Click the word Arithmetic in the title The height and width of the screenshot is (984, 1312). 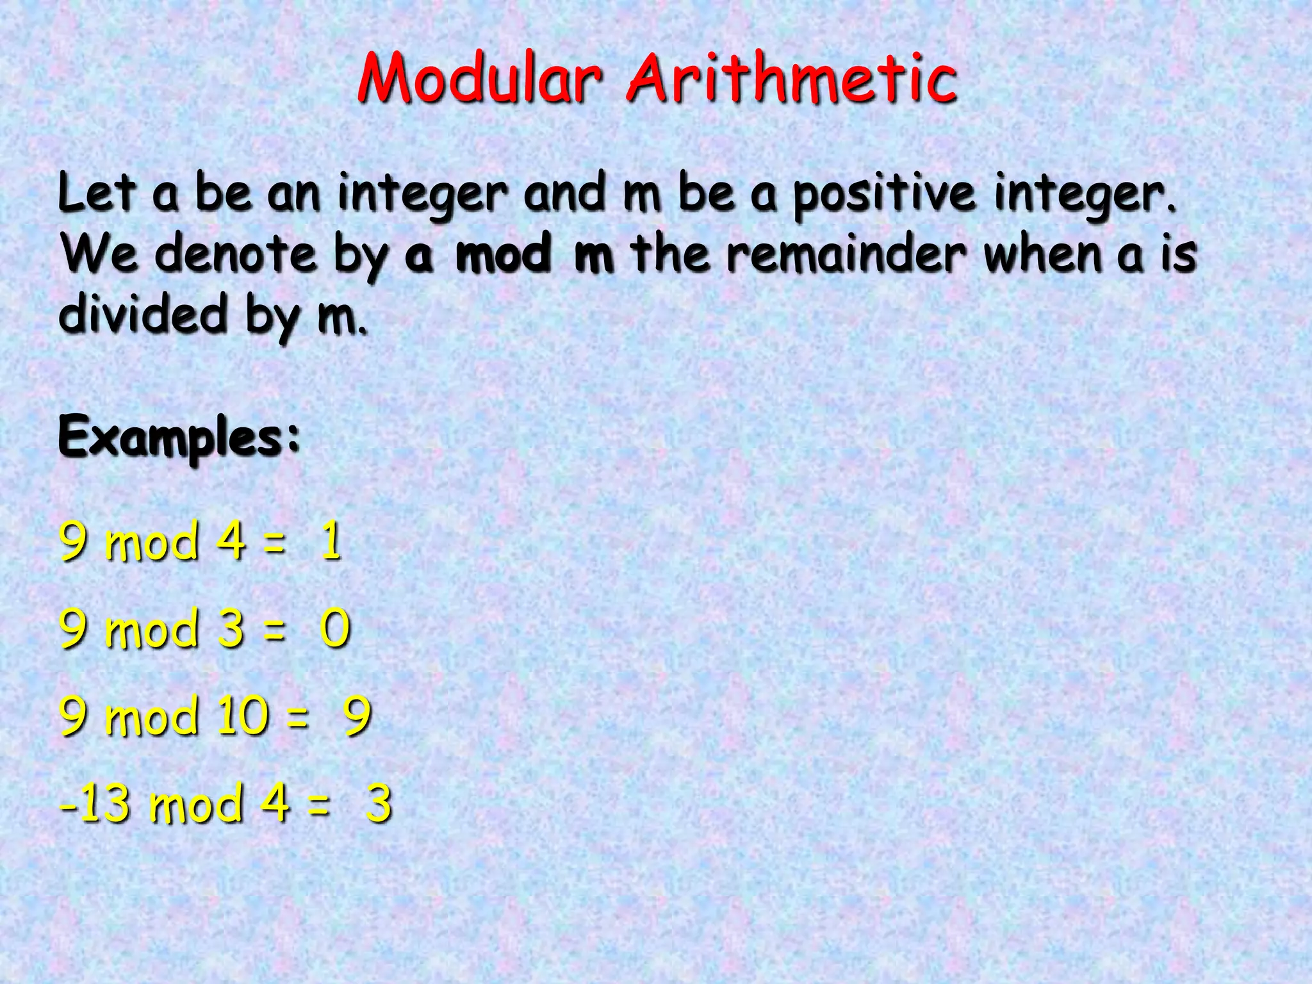click(792, 79)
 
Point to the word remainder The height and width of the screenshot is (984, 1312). click(846, 254)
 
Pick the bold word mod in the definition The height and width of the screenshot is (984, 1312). click(504, 254)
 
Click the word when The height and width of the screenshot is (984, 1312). click(1043, 254)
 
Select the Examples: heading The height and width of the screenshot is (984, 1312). click(179, 438)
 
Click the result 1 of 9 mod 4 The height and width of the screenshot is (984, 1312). click(331, 541)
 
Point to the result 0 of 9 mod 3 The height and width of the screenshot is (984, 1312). click(335, 628)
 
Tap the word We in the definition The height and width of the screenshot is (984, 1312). click(99, 254)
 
